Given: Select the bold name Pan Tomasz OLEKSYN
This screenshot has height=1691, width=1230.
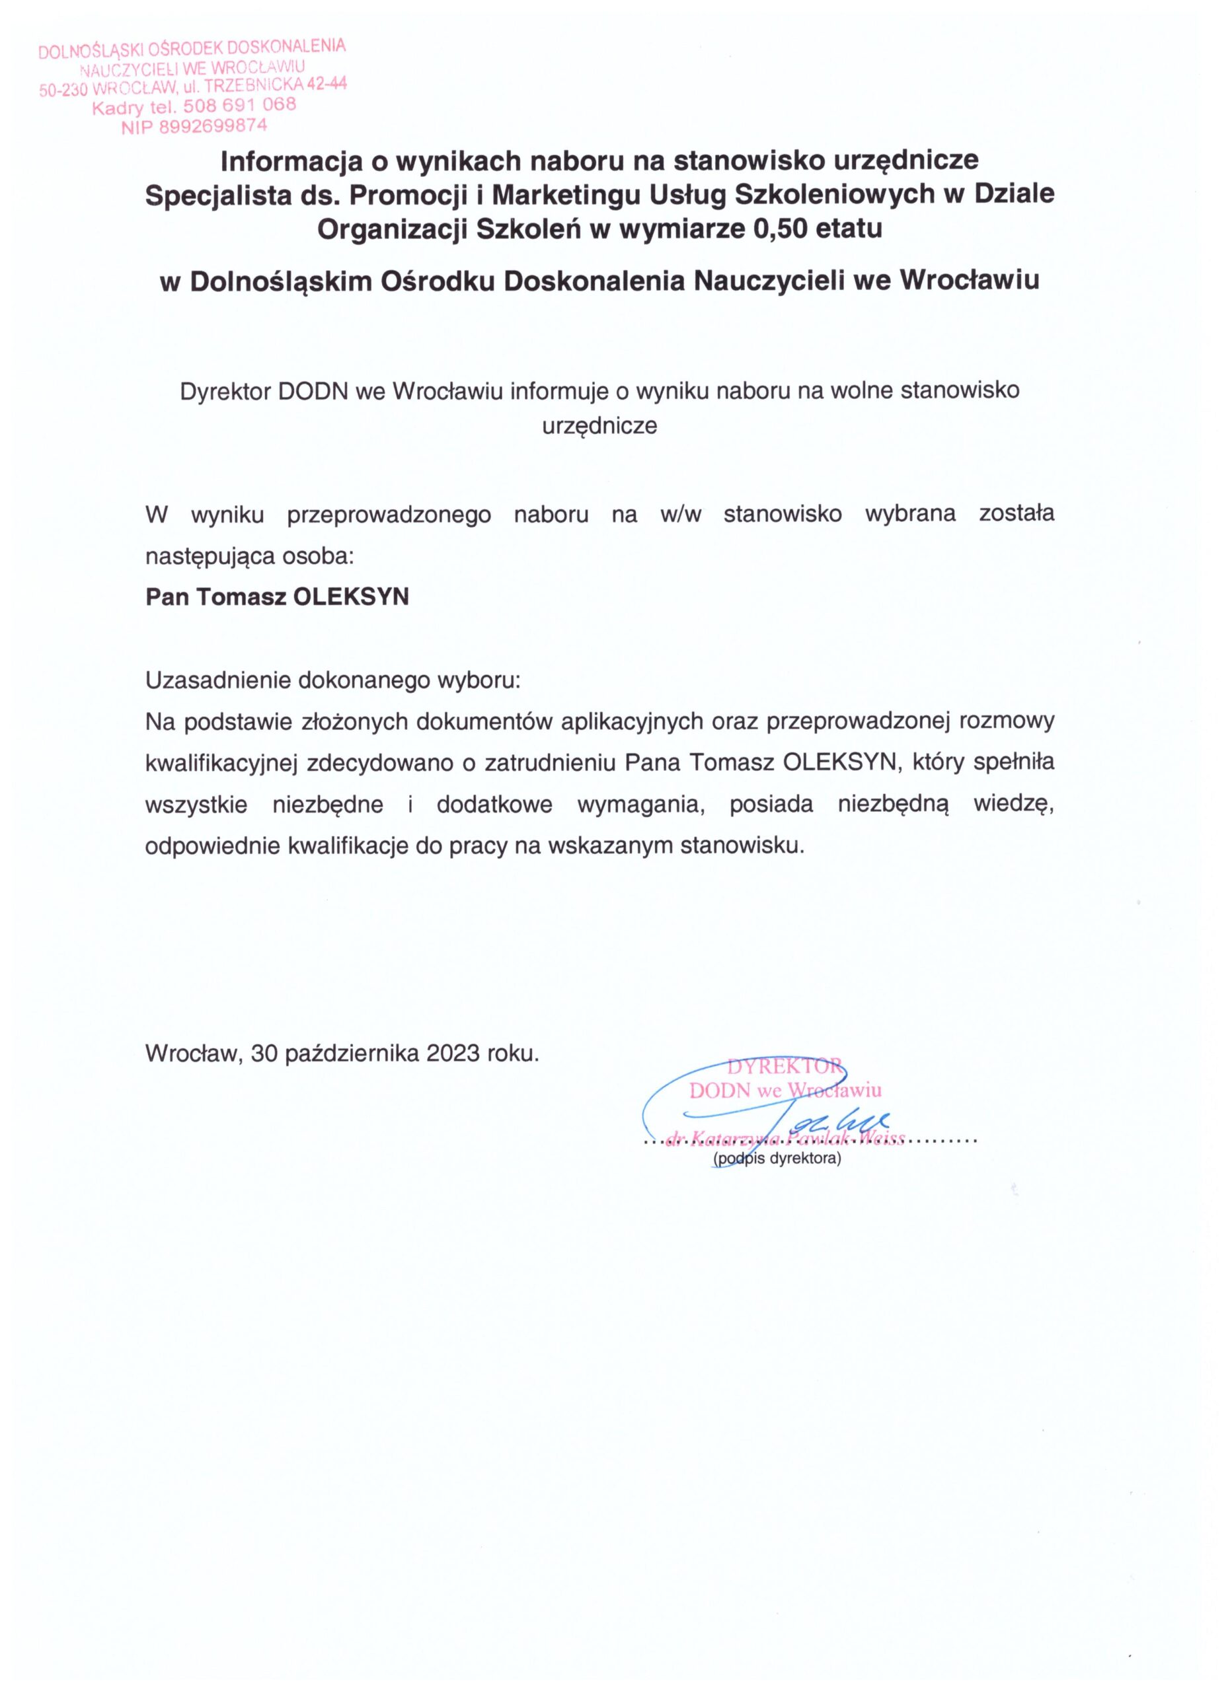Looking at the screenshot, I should coord(277,597).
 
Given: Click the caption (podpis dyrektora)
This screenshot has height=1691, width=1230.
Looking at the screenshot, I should coord(777,1159).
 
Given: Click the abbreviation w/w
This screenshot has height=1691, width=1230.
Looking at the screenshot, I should coord(681,515).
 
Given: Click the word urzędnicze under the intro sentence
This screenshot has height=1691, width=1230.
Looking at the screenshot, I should coord(599,427).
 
